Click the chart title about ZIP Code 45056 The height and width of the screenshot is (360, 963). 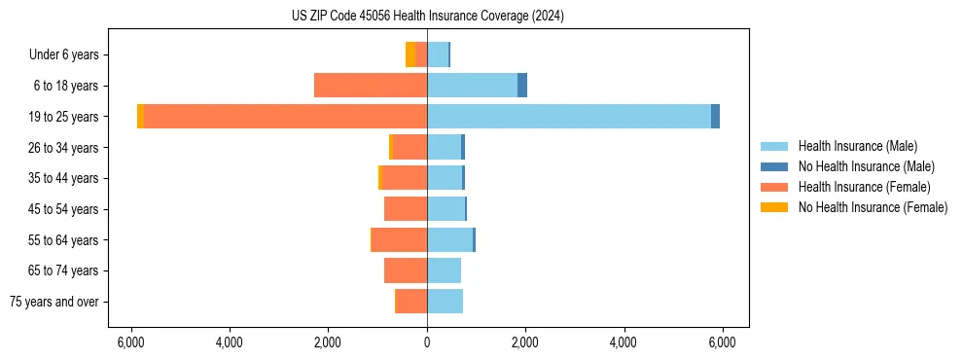tap(427, 17)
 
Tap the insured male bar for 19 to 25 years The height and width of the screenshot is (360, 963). tap(569, 116)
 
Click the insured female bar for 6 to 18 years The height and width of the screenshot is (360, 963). tap(371, 86)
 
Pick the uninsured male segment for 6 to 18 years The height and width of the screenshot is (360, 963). tap(522, 86)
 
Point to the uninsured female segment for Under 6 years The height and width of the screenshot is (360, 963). tap(410, 54)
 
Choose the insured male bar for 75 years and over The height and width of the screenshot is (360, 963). tap(445, 302)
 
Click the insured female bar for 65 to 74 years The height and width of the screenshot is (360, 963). tap(406, 270)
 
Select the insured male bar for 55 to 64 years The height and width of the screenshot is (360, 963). tap(449, 239)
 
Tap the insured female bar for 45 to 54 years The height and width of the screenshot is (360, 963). tap(406, 208)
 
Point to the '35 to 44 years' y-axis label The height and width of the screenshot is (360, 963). tap(64, 178)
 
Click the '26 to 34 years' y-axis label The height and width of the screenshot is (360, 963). tap(64, 147)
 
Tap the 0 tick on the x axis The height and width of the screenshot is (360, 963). tap(427, 342)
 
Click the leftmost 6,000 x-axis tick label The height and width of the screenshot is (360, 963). tap(130, 342)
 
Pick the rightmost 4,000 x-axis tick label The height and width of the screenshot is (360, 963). tap(623, 342)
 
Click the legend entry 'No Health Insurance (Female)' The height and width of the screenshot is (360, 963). tap(872, 207)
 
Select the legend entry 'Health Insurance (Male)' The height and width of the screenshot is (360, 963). tap(858, 146)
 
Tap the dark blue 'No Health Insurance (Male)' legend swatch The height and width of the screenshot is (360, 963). tap(774, 166)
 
